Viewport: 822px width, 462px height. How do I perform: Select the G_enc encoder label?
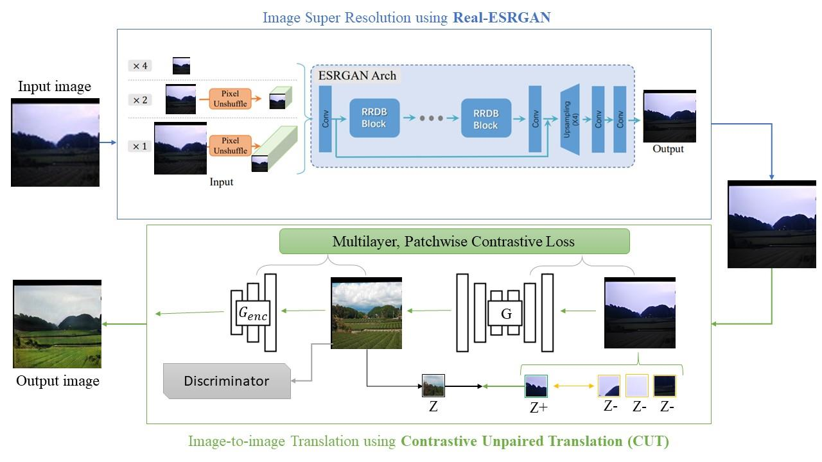(252, 314)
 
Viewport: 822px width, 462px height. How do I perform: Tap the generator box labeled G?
(505, 314)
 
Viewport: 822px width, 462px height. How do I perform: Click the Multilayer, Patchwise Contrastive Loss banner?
(454, 241)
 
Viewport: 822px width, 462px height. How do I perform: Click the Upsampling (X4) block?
(570, 119)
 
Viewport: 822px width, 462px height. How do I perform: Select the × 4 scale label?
(141, 65)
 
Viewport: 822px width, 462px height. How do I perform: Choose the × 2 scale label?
(141, 99)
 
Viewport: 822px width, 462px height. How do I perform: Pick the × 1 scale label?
(141, 146)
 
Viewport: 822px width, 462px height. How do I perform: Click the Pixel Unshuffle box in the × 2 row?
(230, 99)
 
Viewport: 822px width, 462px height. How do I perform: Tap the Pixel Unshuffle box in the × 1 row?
(230, 146)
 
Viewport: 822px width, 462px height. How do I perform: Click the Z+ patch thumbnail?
(536, 386)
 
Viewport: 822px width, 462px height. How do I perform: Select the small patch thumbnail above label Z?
(433, 386)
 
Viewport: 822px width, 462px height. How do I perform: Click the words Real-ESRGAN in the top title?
(502, 17)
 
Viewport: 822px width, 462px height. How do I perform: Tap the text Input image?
(55, 86)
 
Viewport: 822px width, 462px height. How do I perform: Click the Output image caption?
(58, 381)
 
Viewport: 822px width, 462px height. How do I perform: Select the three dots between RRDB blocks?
(431, 119)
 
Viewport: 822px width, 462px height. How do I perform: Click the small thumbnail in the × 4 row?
(181, 65)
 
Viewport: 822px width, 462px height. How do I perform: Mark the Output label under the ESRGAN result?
(668, 149)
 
